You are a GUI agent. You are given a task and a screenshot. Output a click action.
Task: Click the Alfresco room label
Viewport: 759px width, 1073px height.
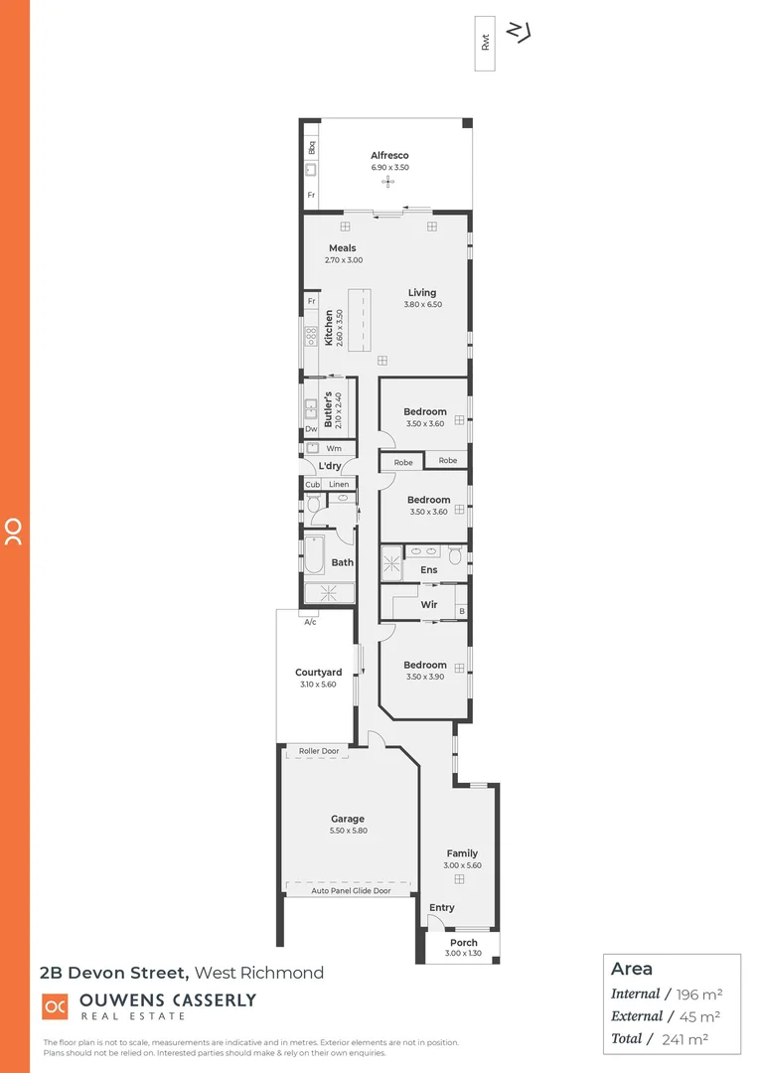(389, 155)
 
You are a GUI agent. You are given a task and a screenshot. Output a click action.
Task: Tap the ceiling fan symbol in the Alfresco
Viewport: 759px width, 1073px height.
(389, 182)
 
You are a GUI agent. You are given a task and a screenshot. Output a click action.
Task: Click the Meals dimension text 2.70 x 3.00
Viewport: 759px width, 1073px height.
(344, 260)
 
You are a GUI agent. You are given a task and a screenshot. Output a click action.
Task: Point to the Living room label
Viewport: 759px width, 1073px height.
(421, 292)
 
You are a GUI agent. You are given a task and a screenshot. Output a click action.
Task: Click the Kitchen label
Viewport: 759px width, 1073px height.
(329, 328)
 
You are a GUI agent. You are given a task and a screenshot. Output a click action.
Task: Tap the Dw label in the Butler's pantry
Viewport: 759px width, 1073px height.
(311, 429)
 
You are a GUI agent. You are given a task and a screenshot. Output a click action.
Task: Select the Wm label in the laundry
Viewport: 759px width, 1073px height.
(333, 448)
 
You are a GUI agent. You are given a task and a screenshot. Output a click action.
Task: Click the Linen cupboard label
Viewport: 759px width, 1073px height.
(339, 484)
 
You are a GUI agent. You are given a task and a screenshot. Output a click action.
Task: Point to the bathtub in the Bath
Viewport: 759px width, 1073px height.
(313, 555)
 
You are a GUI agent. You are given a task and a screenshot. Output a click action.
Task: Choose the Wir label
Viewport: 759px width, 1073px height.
(429, 604)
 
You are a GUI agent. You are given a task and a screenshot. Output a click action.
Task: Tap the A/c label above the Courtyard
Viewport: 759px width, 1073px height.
(310, 622)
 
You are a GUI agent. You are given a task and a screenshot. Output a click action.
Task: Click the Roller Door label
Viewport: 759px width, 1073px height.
(319, 751)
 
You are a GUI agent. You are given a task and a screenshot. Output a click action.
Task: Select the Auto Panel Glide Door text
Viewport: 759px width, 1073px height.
(351, 890)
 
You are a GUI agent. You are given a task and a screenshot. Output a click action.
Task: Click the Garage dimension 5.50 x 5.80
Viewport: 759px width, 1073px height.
(348, 831)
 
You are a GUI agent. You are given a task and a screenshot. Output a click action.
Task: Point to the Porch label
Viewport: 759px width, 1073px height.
(463, 942)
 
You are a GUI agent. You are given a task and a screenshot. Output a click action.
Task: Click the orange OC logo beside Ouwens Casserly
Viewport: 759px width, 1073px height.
(55, 1005)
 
